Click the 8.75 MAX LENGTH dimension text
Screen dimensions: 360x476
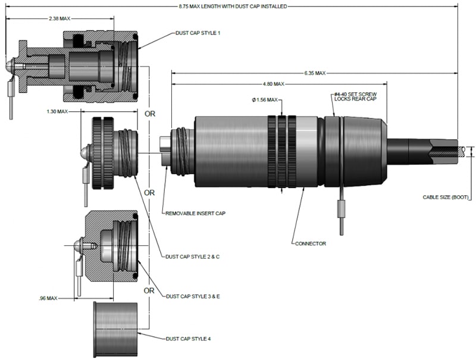pos(233,7)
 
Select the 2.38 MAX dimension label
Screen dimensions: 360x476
pos(59,18)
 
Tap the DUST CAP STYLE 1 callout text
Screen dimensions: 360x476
pos(198,33)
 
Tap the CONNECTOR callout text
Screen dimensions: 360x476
pos(309,243)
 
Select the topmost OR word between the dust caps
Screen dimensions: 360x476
pos(149,114)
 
